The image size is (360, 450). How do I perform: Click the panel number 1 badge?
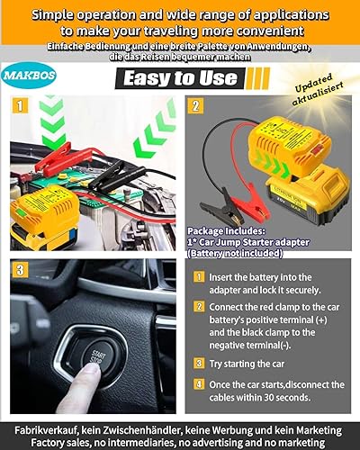pyautogui.click(x=21, y=103)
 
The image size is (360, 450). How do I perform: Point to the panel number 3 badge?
pyautogui.click(x=21, y=269)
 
